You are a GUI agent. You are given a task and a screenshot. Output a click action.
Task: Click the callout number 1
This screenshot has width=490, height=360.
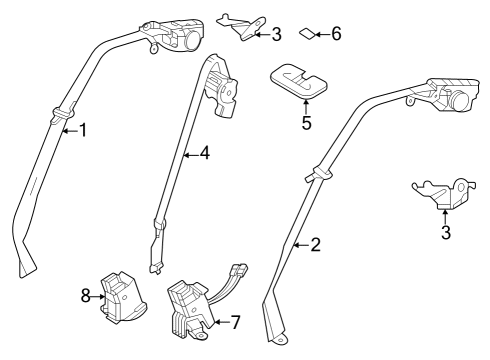83,129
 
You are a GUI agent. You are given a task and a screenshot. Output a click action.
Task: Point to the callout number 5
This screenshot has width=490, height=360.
307,123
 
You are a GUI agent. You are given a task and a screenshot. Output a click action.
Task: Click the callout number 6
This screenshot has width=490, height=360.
336,34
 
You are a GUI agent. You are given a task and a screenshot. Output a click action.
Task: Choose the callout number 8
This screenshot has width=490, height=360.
85,296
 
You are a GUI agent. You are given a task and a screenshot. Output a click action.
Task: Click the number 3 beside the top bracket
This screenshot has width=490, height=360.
276,33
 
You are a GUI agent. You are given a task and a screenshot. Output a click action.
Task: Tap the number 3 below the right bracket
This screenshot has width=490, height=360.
446,233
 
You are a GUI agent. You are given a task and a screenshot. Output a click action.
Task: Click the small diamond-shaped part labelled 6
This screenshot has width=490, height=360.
307,35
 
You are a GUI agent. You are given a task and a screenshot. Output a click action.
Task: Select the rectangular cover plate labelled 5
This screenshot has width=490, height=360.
297,81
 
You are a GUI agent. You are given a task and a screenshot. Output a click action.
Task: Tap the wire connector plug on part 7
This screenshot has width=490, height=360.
238,271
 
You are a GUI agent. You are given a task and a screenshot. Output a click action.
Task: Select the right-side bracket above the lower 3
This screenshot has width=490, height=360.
441,191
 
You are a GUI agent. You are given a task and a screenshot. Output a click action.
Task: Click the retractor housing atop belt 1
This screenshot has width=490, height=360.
180,33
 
